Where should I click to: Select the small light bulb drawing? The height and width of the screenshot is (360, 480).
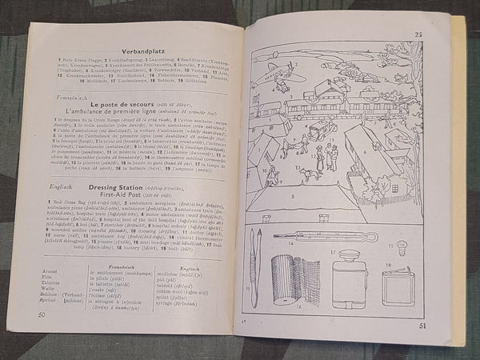pyautogui.click(x=402, y=249)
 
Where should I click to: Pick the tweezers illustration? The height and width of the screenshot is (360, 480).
pyautogui.click(x=255, y=264)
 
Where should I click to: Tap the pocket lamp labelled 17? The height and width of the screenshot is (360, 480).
pyautogui.click(x=350, y=278)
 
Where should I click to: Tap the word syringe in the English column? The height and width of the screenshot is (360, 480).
pyautogui.click(x=182, y=307)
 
